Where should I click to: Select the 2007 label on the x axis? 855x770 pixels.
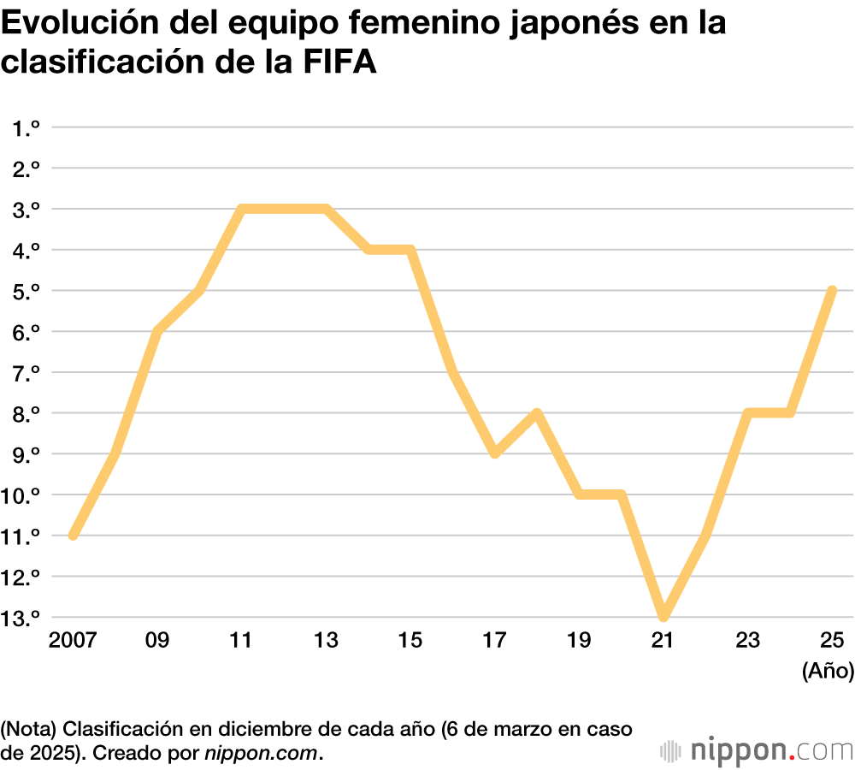(x=74, y=641)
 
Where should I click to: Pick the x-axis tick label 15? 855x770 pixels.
(x=411, y=641)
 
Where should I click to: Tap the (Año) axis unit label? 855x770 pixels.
(x=828, y=672)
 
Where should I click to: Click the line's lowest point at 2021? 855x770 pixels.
(x=663, y=616)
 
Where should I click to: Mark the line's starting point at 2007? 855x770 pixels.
(x=74, y=536)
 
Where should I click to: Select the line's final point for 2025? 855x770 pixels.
(x=832, y=291)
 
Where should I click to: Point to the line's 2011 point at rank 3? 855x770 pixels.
(x=242, y=209)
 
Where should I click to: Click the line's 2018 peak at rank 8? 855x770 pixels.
(x=537, y=413)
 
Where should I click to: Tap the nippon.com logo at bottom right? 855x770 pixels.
(x=758, y=750)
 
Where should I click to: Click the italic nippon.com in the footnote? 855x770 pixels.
(x=260, y=754)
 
